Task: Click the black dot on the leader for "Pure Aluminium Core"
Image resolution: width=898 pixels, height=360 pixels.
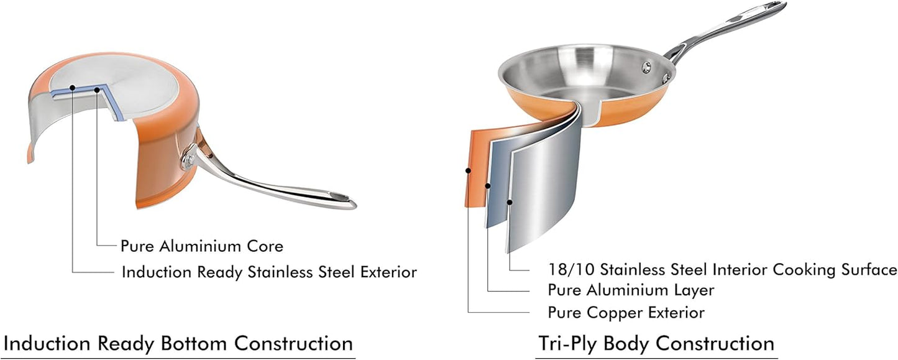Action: (96, 90)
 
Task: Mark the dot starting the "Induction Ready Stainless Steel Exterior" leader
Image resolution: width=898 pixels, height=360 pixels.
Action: (72, 88)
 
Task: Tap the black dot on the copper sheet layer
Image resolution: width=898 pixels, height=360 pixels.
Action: (468, 170)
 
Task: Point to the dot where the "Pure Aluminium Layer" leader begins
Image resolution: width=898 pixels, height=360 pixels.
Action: (487, 186)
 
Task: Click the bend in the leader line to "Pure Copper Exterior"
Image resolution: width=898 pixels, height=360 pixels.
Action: (468, 312)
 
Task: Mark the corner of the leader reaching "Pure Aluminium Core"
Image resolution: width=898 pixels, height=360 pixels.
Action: (97, 246)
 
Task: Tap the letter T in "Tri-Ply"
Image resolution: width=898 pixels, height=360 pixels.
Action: (544, 343)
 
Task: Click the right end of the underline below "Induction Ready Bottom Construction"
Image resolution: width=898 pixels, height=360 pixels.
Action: (355, 358)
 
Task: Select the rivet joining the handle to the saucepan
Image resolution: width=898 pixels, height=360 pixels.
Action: (188, 161)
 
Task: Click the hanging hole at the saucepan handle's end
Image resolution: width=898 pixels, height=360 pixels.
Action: (341, 197)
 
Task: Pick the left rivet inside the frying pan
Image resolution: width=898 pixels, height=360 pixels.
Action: (646, 67)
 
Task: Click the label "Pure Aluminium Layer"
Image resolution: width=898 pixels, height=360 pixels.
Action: (631, 290)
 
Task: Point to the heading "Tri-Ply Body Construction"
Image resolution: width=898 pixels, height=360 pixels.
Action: (656, 344)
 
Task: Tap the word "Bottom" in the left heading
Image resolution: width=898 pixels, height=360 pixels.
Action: (194, 344)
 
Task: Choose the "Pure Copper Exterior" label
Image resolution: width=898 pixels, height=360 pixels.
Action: (626, 313)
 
